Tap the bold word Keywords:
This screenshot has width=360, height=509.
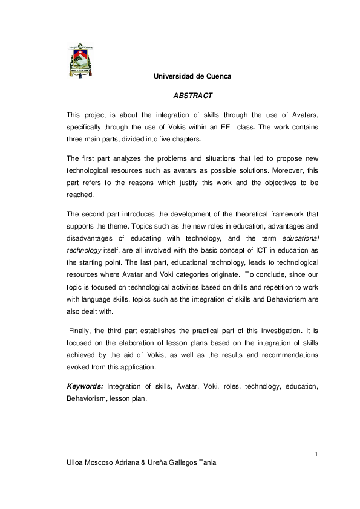pos(85,386)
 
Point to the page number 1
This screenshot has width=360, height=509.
pos(317,453)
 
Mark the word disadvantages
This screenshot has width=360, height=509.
pos(92,239)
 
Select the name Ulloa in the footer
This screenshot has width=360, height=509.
pos(77,462)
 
